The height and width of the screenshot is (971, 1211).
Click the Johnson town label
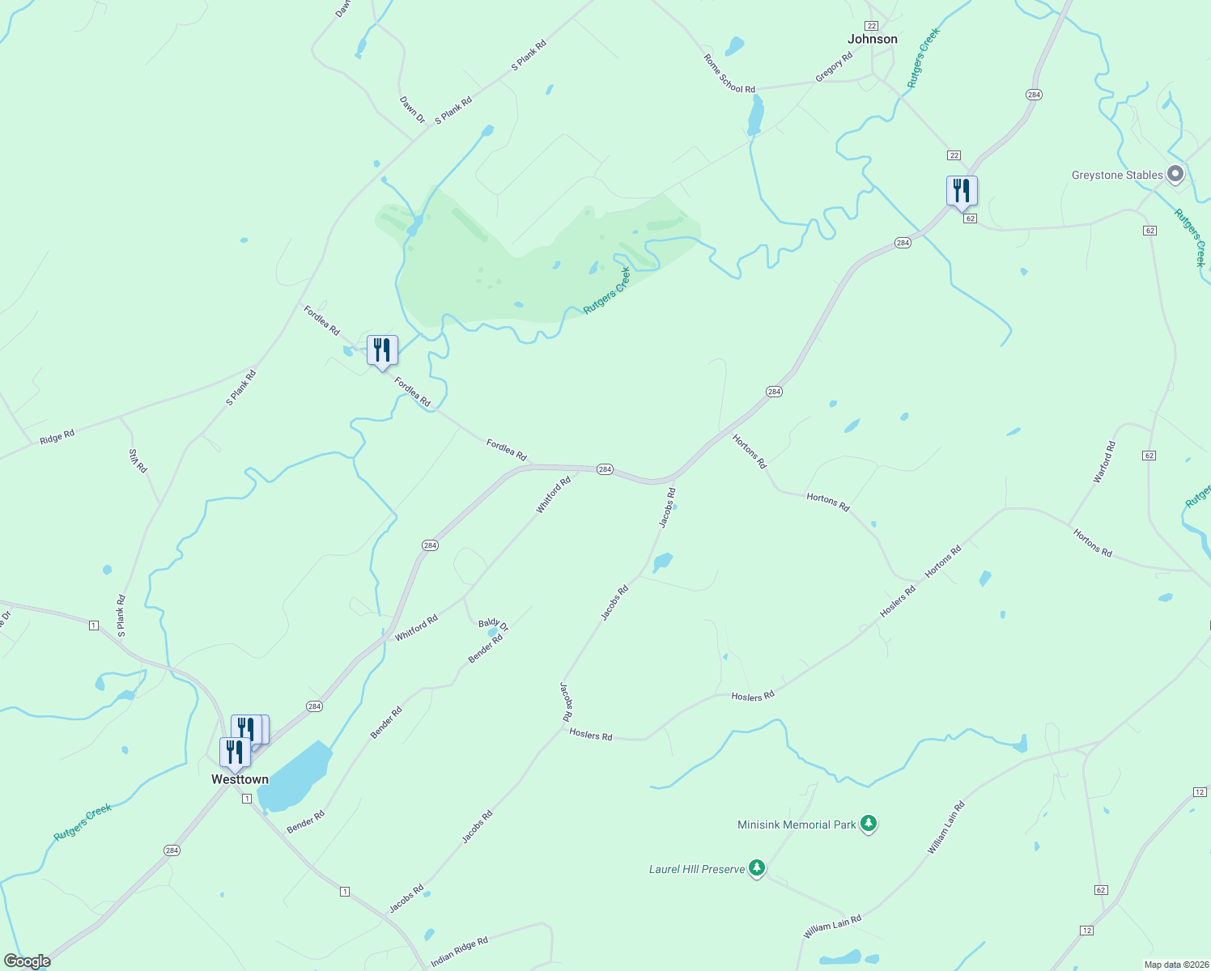point(872,39)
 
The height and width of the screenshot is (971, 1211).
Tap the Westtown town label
point(240,779)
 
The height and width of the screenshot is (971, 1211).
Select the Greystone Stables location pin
point(1175,174)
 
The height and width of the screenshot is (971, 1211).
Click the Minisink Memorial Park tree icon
point(869,824)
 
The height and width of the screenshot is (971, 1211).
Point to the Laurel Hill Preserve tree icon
point(757,868)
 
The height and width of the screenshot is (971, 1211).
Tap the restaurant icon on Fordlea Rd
point(382,350)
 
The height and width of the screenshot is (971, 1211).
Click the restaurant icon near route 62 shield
point(962,191)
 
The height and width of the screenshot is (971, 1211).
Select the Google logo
point(28,961)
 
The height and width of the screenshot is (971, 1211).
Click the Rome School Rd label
point(729,74)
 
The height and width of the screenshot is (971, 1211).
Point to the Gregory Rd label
point(834,67)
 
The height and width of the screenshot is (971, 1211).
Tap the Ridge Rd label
point(57,437)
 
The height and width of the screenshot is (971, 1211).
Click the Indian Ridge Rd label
point(459,952)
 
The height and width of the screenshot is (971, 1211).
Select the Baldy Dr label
point(493,625)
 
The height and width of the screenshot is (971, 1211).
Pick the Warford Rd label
point(1104,462)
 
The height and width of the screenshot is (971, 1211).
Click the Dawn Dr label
point(412,109)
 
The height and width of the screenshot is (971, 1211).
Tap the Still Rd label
point(138,460)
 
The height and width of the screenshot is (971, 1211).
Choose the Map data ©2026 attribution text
point(1175,965)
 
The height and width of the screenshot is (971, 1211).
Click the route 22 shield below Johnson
point(954,155)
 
